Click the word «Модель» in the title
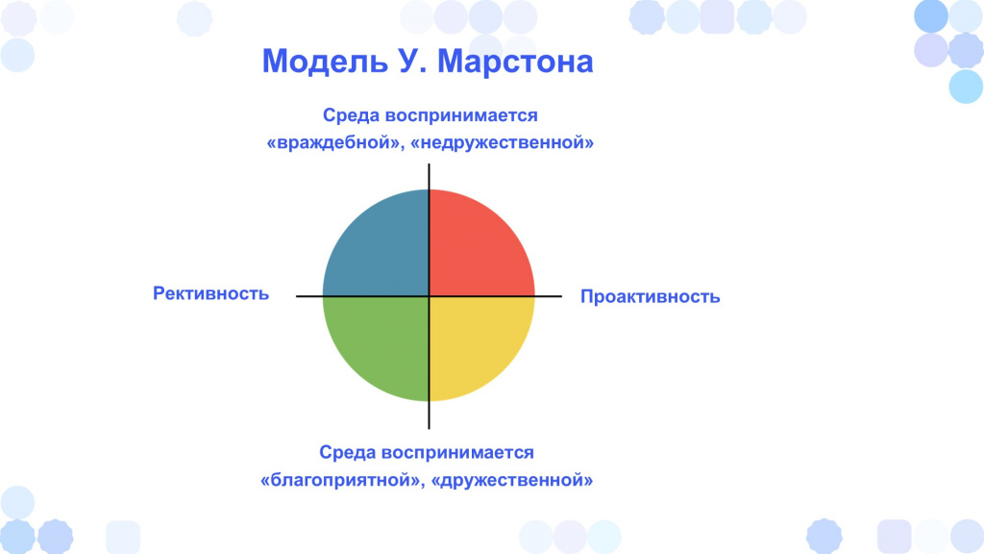[x=325, y=62]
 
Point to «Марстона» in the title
[x=515, y=62]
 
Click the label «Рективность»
[x=210, y=293]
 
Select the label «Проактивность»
[x=651, y=296]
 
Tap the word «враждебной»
[x=333, y=142]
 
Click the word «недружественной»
[x=502, y=142]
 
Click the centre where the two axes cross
[x=429, y=296]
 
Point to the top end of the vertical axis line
[x=429, y=164]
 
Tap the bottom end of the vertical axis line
[x=429, y=428]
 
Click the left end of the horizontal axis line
[x=297, y=296]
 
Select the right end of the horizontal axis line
[x=561, y=296]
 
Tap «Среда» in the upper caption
[x=351, y=115]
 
